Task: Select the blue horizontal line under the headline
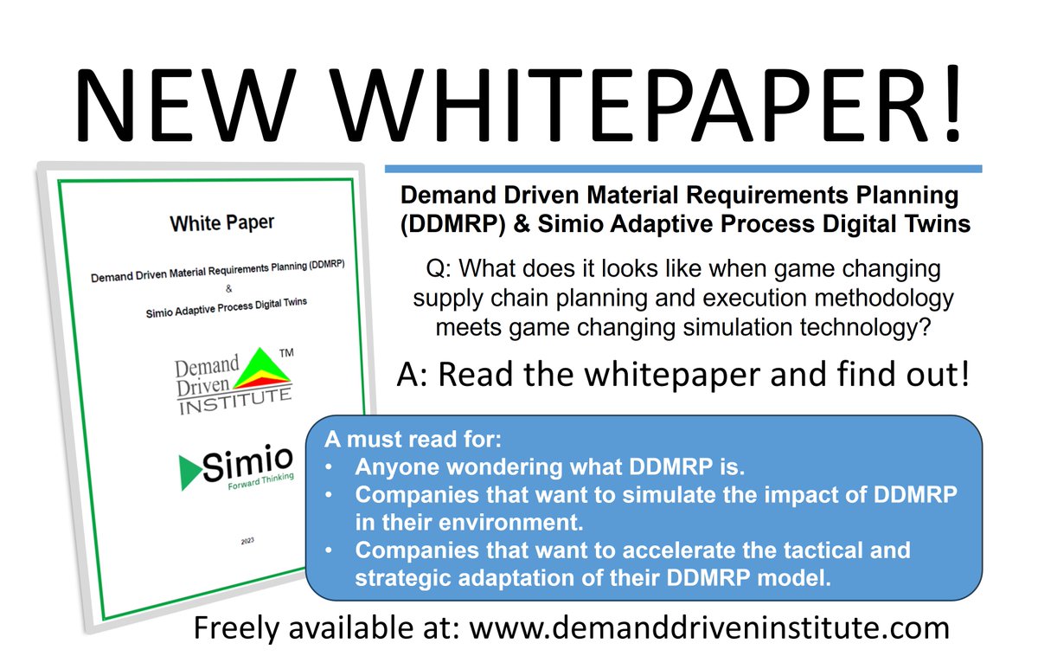tap(682, 168)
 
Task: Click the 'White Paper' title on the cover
tap(221, 223)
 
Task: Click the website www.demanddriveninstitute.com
tap(709, 627)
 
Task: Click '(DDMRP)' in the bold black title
tap(448, 223)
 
